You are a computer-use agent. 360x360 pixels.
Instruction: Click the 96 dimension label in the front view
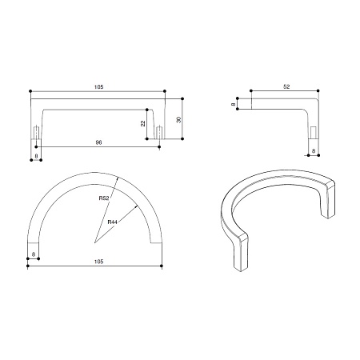pyautogui.click(x=98, y=142)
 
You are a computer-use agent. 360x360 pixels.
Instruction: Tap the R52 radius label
pyautogui.click(x=104, y=198)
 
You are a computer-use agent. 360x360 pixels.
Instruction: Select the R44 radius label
pyautogui.click(x=112, y=222)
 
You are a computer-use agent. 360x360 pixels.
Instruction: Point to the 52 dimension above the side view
pyautogui.click(x=286, y=86)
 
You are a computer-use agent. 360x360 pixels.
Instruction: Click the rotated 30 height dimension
pyautogui.click(x=178, y=120)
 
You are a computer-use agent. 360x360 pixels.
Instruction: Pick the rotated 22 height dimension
pyautogui.click(x=143, y=123)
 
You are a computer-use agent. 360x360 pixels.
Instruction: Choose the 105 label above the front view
pyautogui.click(x=98, y=87)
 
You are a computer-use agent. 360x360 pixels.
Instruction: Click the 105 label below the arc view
pyautogui.click(x=98, y=262)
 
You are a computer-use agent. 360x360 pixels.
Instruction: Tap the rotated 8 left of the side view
pyautogui.click(x=234, y=104)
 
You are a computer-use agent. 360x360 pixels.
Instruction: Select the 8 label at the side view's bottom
pyautogui.click(x=314, y=151)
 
